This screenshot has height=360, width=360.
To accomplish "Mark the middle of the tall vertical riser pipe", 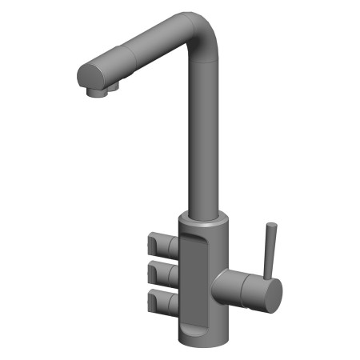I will (x=204, y=136).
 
